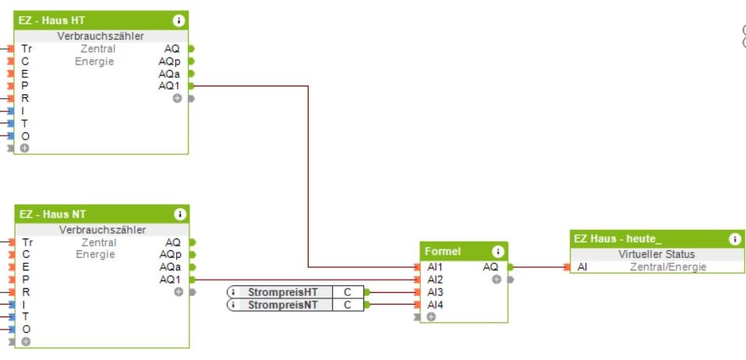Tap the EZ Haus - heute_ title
pos(617,239)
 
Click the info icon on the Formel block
pos(497,252)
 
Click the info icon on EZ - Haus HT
pos(179,20)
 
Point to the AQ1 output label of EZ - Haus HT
pos(168,86)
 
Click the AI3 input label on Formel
pos(434,292)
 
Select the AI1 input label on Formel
pos(434,266)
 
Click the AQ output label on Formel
pos(490,266)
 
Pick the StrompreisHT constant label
pos(283,292)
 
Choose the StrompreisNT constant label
pos(283,305)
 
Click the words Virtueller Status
pos(656,254)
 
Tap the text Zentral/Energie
pos(668,267)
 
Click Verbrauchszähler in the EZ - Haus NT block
pos(102,230)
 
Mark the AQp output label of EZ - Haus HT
pos(168,61)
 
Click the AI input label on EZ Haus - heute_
pos(582,267)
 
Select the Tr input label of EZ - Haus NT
pos(27,242)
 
